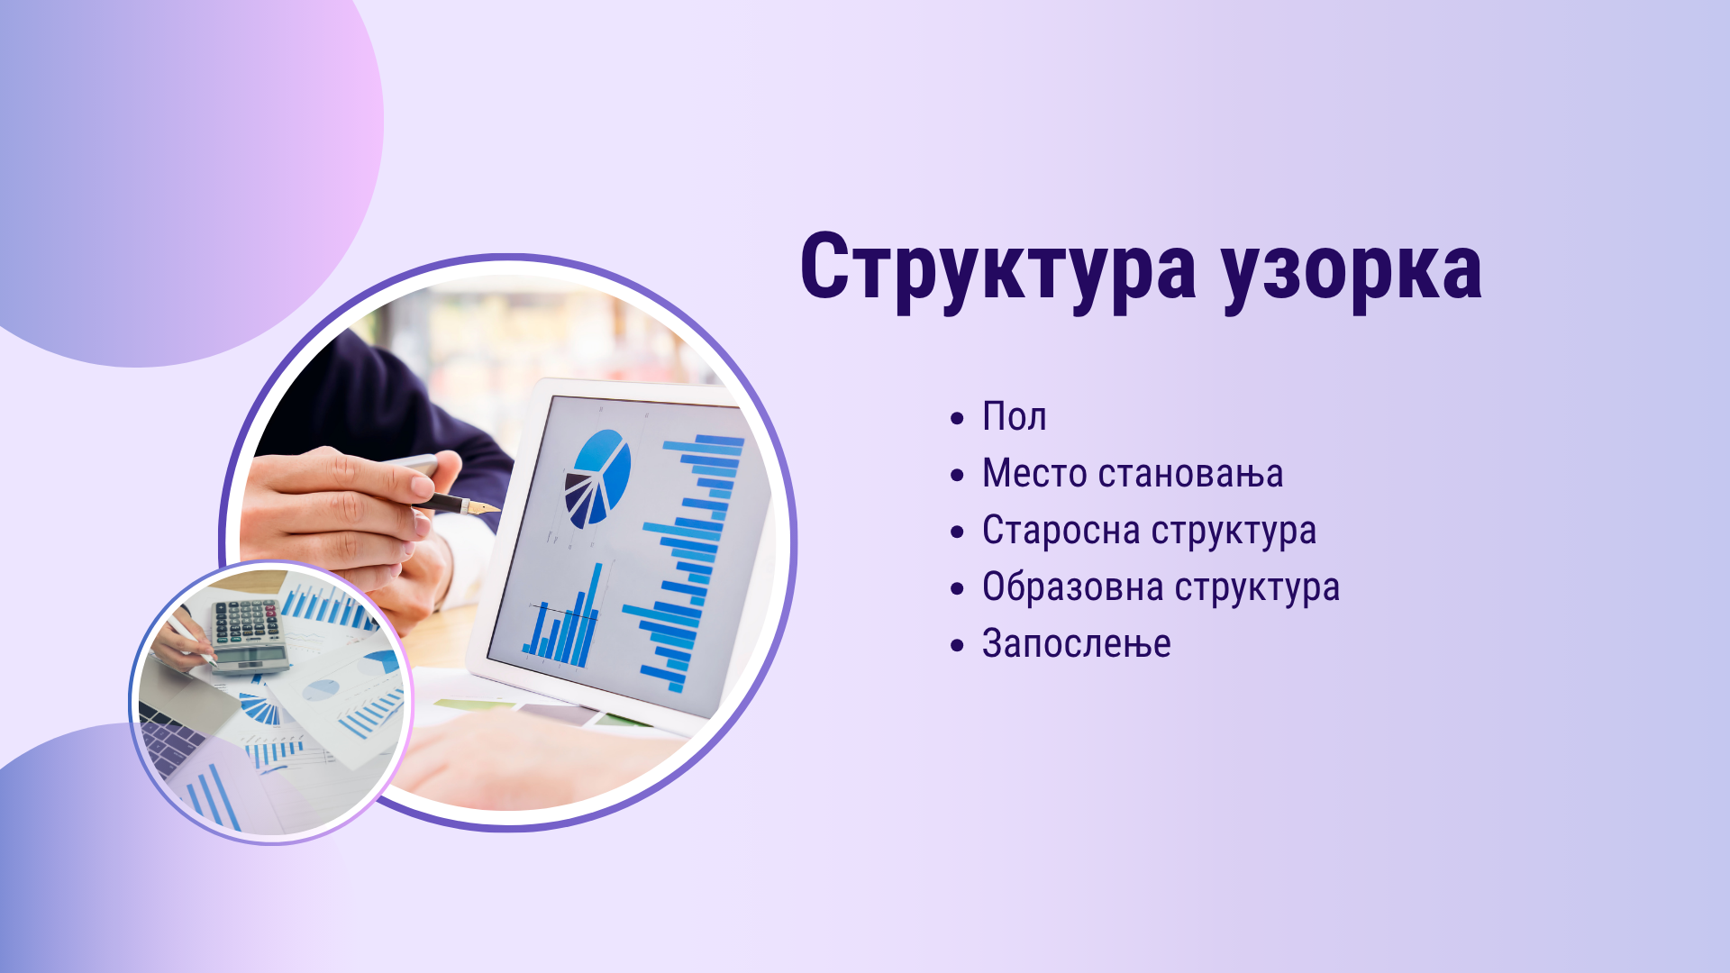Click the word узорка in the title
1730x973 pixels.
click(x=1352, y=270)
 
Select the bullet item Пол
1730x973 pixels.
click(x=1014, y=417)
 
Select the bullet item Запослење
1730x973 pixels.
click(x=1077, y=644)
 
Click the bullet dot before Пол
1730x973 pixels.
click(x=957, y=419)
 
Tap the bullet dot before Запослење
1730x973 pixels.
click(x=957, y=646)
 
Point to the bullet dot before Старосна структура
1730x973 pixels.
click(x=957, y=532)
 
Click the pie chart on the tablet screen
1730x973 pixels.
click(x=596, y=477)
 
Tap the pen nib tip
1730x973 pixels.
click(x=498, y=509)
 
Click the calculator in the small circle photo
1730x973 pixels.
click(x=250, y=635)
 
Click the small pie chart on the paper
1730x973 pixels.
click(x=321, y=691)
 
